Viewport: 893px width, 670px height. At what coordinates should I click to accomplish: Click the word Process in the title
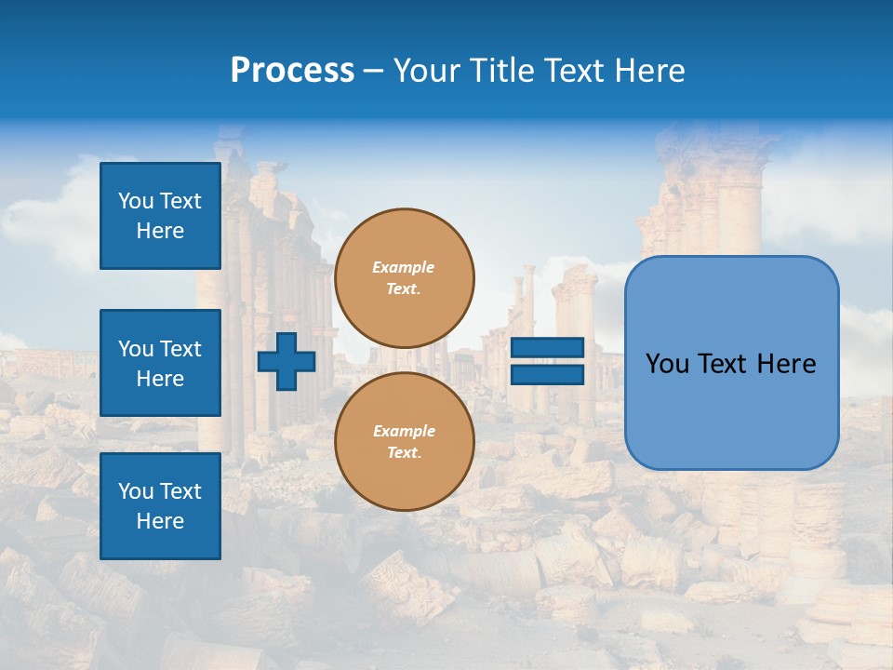[x=292, y=71]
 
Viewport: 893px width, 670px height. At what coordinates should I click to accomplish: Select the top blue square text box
[x=160, y=216]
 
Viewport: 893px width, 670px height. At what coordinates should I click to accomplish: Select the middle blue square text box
[x=160, y=363]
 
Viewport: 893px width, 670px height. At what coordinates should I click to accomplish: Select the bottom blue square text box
[x=160, y=506]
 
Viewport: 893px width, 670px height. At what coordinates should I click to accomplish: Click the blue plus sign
[x=287, y=361]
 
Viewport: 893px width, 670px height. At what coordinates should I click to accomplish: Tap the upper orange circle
[x=404, y=277]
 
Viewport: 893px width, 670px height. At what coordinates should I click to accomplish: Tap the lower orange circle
[x=404, y=441]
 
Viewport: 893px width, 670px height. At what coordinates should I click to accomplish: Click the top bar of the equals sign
[x=547, y=348]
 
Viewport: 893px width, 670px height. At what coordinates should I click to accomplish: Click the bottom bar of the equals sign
[x=547, y=374]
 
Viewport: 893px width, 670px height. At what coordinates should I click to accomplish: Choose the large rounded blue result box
[x=731, y=363]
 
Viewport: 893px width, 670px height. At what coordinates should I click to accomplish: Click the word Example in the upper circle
[x=404, y=267]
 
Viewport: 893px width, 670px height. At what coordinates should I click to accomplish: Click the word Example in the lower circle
[x=404, y=431]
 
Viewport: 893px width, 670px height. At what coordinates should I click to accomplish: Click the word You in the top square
[x=136, y=201]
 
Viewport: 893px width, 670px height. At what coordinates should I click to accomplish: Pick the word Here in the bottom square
[x=160, y=521]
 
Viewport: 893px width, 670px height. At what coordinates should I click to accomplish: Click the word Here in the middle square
[x=160, y=379]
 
